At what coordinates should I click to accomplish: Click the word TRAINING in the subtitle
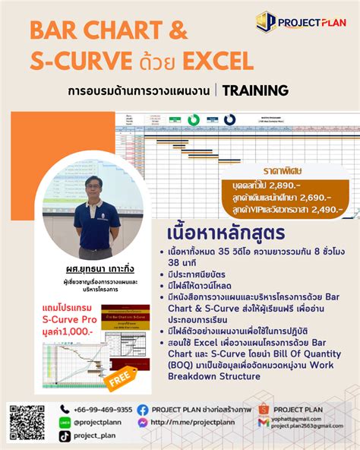255,90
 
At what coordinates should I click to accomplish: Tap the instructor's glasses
93,185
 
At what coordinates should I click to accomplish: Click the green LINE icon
66,423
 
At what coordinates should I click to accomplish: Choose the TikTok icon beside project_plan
66,436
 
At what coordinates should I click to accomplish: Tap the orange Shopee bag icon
263,409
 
